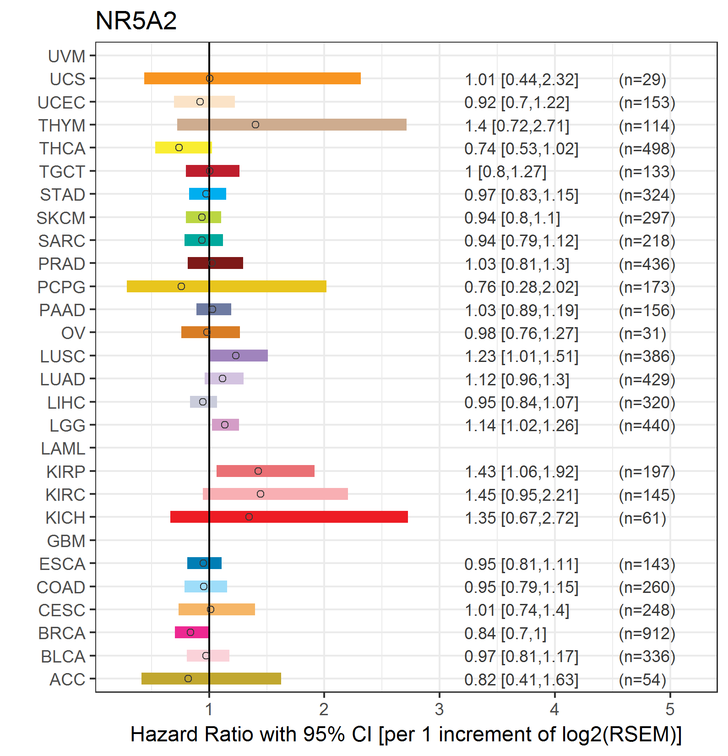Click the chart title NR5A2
point(136,21)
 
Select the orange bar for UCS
point(252,78)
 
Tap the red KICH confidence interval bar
point(289,517)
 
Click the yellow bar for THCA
point(184,148)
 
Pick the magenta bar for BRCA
point(192,632)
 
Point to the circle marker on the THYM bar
point(255,125)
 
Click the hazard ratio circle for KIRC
point(261,494)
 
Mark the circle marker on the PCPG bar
point(181,286)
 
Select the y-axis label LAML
point(63,449)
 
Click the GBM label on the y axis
point(66,541)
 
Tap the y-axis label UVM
point(67,56)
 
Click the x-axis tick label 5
point(670,710)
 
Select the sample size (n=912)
point(647,634)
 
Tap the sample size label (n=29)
point(642,80)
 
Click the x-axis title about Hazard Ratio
point(406,734)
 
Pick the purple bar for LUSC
point(239,356)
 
